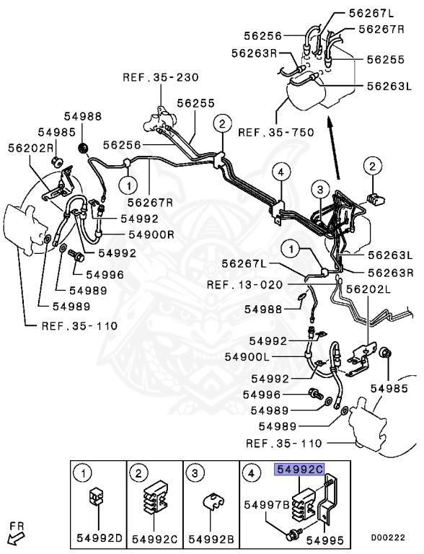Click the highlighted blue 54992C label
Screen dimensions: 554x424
[x=301, y=469]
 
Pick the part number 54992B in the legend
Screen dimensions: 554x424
[x=211, y=538]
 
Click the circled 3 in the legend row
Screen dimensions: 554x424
[x=195, y=473]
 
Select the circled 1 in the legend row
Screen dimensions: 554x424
[x=84, y=473]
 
